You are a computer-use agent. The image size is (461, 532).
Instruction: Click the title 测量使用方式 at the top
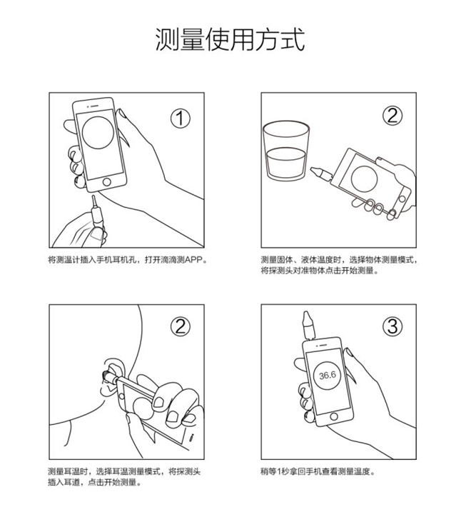(x=230, y=39)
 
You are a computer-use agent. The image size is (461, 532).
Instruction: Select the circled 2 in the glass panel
(x=392, y=116)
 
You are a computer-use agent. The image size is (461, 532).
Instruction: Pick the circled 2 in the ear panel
(x=181, y=327)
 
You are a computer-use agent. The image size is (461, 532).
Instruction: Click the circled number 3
(x=392, y=327)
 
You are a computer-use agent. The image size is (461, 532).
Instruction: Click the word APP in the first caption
(x=194, y=261)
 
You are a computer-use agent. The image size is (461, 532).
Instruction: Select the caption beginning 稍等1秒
(x=318, y=472)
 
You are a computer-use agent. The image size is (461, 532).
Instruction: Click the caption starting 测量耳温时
(x=123, y=477)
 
